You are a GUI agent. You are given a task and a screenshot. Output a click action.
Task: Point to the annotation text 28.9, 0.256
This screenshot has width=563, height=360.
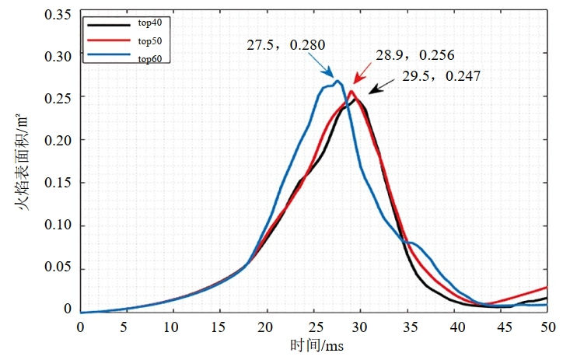coord(415,57)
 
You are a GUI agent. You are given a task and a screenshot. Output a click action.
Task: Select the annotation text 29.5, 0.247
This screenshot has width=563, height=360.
coord(441,76)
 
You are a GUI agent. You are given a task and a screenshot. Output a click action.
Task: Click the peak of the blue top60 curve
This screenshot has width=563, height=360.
coord(337,81)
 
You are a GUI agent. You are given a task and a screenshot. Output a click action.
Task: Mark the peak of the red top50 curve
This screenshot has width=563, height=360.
coord(351,92)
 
